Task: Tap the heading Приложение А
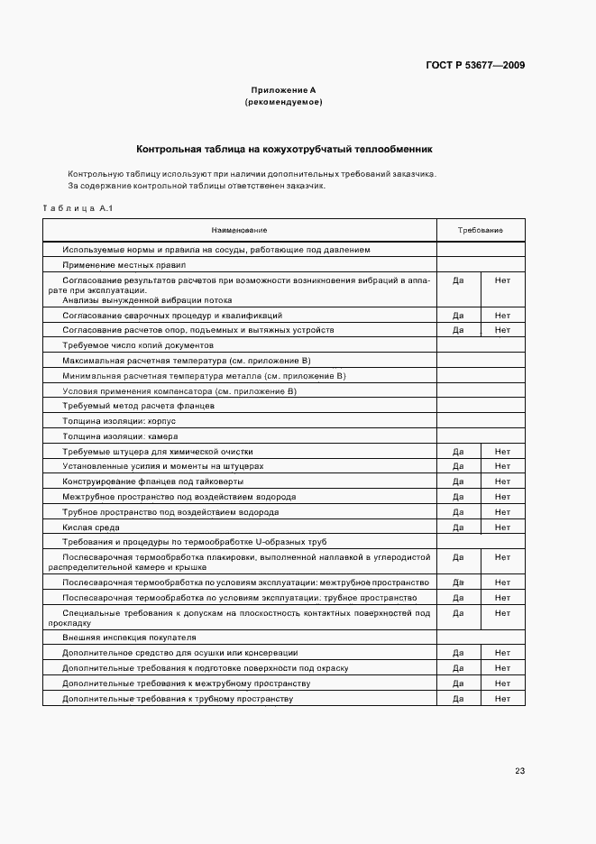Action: point(284,90)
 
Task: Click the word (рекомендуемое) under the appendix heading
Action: point(284,103)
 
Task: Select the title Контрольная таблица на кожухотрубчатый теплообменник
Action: point(284,149)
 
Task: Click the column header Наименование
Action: point(239,231)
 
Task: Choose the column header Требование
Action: point(480,231)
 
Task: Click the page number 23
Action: point(519,771)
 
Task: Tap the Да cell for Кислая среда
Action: point(458,527)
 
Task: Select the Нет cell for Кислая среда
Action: point(502,527)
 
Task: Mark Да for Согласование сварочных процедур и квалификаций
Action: point(458,316)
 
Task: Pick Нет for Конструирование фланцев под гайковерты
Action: point(502,482)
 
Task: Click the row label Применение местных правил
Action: point(124,265)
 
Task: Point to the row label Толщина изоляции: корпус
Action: point(119,420)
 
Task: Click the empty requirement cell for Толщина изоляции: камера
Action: point(480,436)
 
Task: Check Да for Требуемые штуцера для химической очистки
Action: point(458,451)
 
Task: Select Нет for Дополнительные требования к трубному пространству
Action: point(502,699)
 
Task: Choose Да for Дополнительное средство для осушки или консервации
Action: point(458,652)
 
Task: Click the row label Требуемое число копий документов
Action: point(138,345)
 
